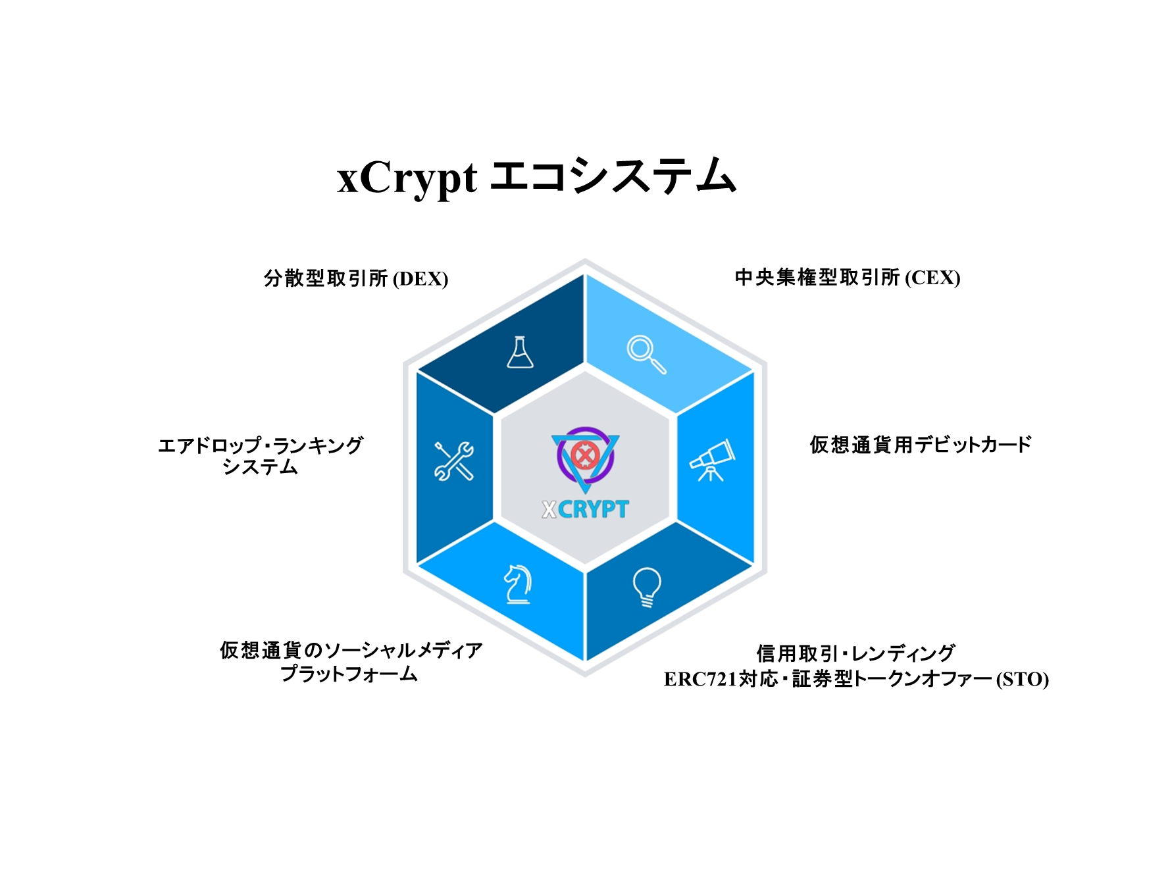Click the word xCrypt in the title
point(407,178)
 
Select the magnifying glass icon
point(646,355)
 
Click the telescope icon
point(712,460)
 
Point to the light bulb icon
point(647,587)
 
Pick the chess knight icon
point(518,584)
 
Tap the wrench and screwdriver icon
point(454,461)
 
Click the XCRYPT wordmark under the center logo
point(585,509)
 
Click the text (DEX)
point(420,279)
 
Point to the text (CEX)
point(932,278)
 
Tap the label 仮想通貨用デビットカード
point(921,445)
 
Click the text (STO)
point(1022,679)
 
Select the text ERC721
point(701,679)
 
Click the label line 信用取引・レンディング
point(855,653)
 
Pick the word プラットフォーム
point(349,674)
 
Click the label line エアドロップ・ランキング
point(261,445)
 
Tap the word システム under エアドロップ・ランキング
point(261,467)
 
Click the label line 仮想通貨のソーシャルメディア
point(351,651)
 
